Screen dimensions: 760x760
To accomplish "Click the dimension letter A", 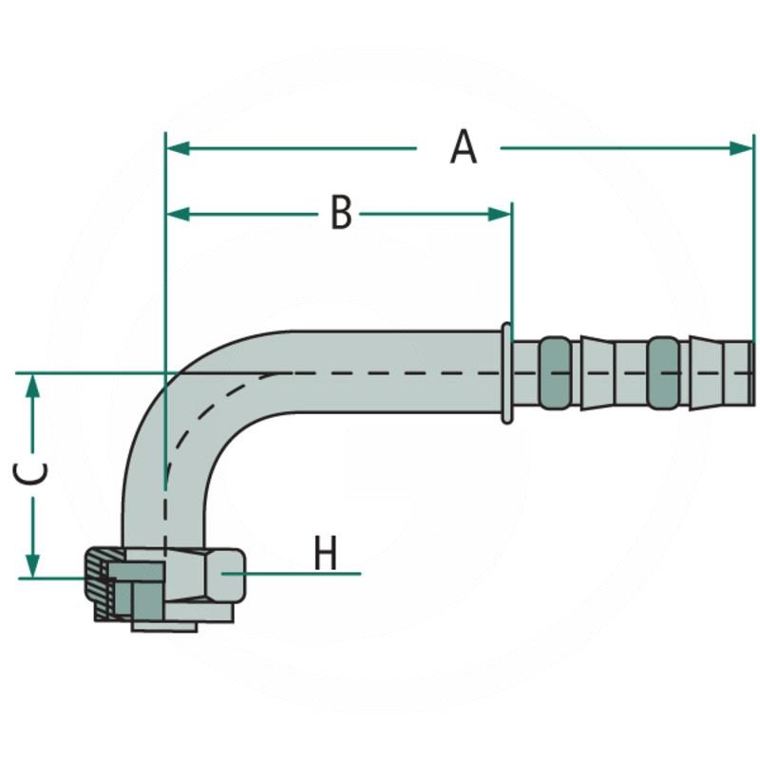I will click(x=463, y=148).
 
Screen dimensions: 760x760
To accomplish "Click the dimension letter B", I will click(x=341, y=214).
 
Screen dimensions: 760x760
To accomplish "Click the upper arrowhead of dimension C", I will click(x=34, y=383).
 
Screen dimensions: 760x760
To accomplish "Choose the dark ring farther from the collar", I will click(x=666, y=373).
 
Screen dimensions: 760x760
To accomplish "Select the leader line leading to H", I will click(x=294, y=574).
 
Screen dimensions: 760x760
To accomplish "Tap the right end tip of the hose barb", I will click(x=753, y=373).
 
